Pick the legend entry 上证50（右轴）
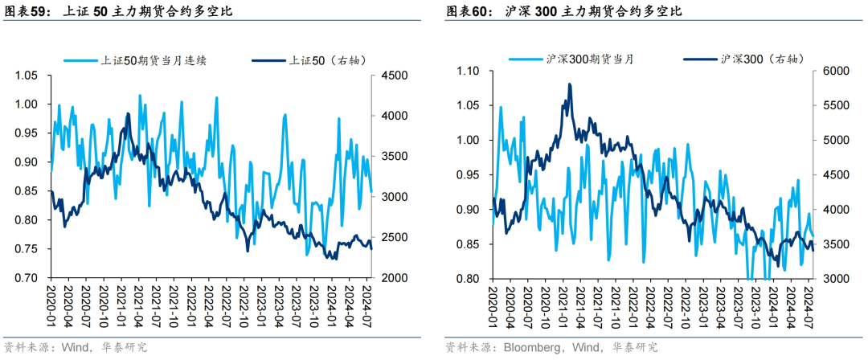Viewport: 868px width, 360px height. point(309,60)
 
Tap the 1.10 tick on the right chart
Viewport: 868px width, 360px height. point(469,72)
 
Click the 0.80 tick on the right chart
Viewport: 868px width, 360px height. point(469,279)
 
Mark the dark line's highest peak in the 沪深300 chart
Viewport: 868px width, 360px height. point(570,84)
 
